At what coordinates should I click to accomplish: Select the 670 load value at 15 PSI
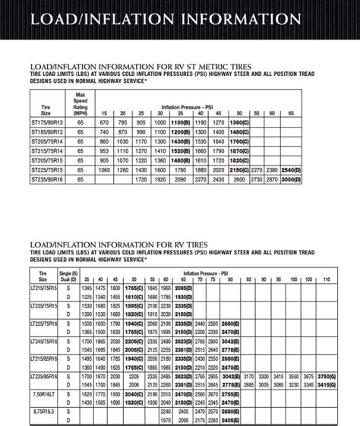click(104, 122)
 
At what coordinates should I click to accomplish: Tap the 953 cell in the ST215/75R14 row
click(104, 153)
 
